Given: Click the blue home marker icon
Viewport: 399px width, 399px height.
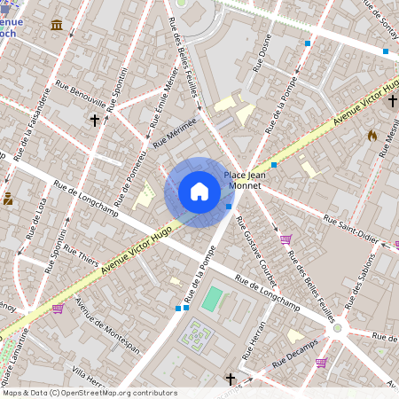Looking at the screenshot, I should pyautogui.click(x=199, y=192).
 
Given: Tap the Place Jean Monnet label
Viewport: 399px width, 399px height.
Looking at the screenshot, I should pyautogui.click(x=246, y=181).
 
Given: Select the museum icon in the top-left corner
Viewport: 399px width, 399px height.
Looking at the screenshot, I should pyautogui.click(x=57, y=24).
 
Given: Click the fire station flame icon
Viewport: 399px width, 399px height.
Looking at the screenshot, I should pyautogui.click(x=372, y=136).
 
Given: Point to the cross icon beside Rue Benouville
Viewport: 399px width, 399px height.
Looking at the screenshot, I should pyautogui.click(x=94, y=119).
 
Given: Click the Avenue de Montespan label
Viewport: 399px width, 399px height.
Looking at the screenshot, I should pyautogui.click(x=106, y=323).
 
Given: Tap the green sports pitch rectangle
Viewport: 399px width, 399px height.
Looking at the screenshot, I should pyautogui.click(x=212, y=299).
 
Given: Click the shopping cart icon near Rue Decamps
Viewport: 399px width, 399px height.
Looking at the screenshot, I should pyautogui.click(x=320, y=362).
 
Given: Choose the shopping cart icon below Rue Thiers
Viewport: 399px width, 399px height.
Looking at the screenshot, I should pyautogui.click(x=58, y=308).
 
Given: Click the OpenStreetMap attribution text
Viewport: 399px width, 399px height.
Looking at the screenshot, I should pyautogui.click(x=89, y=393).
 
